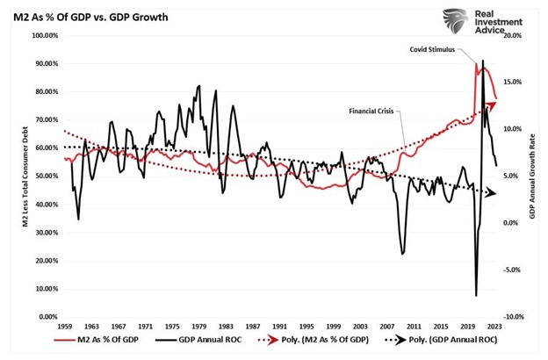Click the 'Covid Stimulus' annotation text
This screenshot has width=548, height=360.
pyautogui.click(x=432, y=51)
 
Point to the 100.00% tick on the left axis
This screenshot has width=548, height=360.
pyautogui.click(x=43, y=36)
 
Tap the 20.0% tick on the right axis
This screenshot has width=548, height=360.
pyautogui.click(x=513, y=36)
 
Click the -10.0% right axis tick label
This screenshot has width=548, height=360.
pyautogui.click(x=512, y=317)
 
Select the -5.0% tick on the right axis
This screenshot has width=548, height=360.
pyautogui.click(x=513, y=270)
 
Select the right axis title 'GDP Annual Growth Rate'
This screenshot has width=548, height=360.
pyautogui.click(x=533, y=176)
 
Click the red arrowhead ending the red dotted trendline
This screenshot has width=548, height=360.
pyautogui.click(x=491, y=105)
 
